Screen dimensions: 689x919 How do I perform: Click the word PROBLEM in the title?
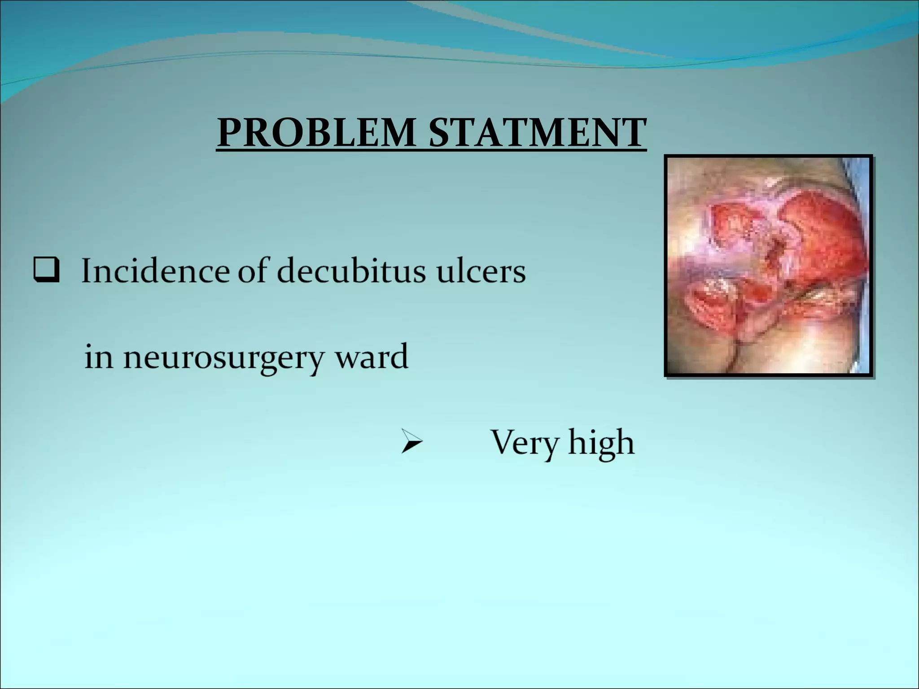click(316, 133)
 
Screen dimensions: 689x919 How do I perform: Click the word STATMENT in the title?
click(538, 133)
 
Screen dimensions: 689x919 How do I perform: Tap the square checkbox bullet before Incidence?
click(46, 271)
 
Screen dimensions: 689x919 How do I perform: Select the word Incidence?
click(155, 271)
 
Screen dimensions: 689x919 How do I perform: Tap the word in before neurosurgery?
click(98, 357)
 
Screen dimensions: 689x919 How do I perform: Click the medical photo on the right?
click(768, 266)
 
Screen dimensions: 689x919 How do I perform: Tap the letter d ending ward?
click(399, 356)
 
